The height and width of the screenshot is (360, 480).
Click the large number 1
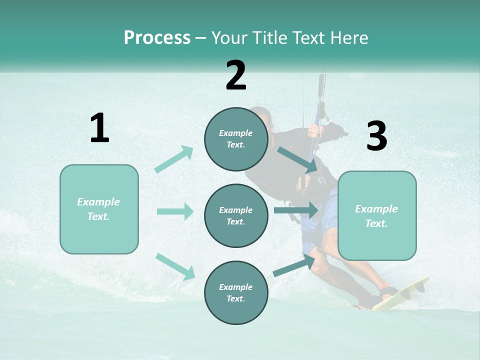99,128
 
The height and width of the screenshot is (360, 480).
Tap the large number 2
236,75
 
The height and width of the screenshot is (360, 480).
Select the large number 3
376,136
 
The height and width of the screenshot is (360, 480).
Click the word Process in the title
157,37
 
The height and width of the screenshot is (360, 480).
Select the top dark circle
236,139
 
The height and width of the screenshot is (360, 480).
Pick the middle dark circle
236,215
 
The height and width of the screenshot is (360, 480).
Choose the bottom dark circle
236,292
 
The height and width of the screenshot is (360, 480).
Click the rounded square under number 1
99,209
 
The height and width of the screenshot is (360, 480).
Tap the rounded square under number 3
377,216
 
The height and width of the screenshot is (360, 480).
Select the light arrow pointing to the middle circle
175,211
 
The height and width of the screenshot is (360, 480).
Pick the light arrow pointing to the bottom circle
175,266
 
